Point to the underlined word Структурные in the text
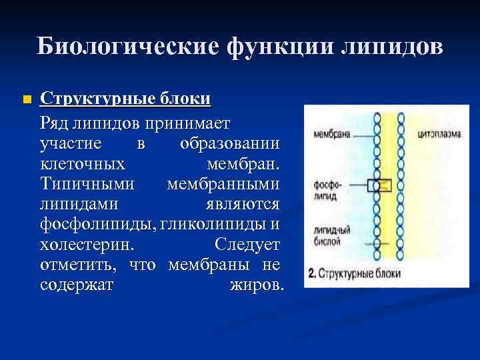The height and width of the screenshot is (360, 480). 97,100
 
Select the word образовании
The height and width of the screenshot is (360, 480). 230,145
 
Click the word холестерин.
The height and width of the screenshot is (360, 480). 81,245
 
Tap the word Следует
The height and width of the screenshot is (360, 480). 248,245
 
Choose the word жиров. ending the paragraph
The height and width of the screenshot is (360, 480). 257,285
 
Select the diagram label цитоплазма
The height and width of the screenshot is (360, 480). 437,133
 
